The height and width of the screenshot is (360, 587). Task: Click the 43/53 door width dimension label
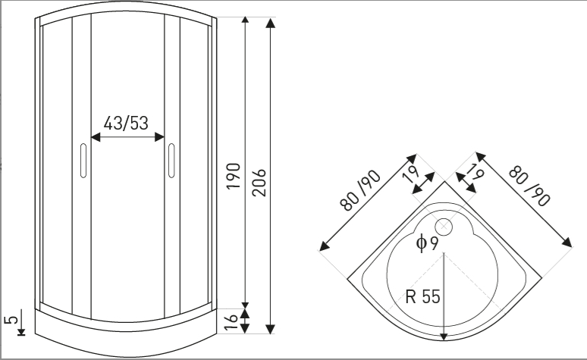[126, 123]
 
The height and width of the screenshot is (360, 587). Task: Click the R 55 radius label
[422, 296]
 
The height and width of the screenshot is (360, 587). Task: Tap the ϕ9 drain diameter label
[426, 243]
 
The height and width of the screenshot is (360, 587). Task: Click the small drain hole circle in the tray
[443, 225]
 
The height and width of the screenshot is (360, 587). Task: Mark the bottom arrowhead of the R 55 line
[442, 336]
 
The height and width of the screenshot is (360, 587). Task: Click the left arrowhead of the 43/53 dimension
[95, 137]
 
